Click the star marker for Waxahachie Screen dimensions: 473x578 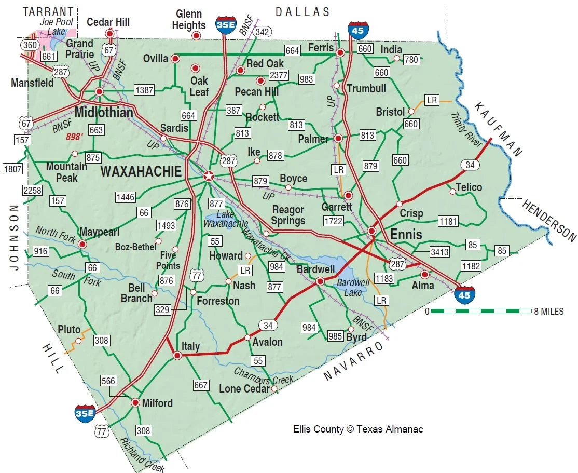click(208, 176)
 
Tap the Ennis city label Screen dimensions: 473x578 click(406, 234)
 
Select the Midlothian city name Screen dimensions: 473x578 click(104, 112)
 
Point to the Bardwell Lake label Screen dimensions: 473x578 click(353, 287)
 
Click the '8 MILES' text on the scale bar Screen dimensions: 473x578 click(548, 312)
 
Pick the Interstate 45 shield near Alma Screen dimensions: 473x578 click(464, 294)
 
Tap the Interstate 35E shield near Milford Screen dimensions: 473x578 click(85, 412)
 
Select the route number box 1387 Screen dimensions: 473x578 click(144, 90)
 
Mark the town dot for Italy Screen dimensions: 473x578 click(177, 356)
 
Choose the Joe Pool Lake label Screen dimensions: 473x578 click(57, 27)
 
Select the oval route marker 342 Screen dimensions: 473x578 click(263, 32)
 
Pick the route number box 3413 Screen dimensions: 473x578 click(439, 253)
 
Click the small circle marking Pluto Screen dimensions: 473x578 click(78, 341)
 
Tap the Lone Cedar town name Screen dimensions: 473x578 click(244, 388)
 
